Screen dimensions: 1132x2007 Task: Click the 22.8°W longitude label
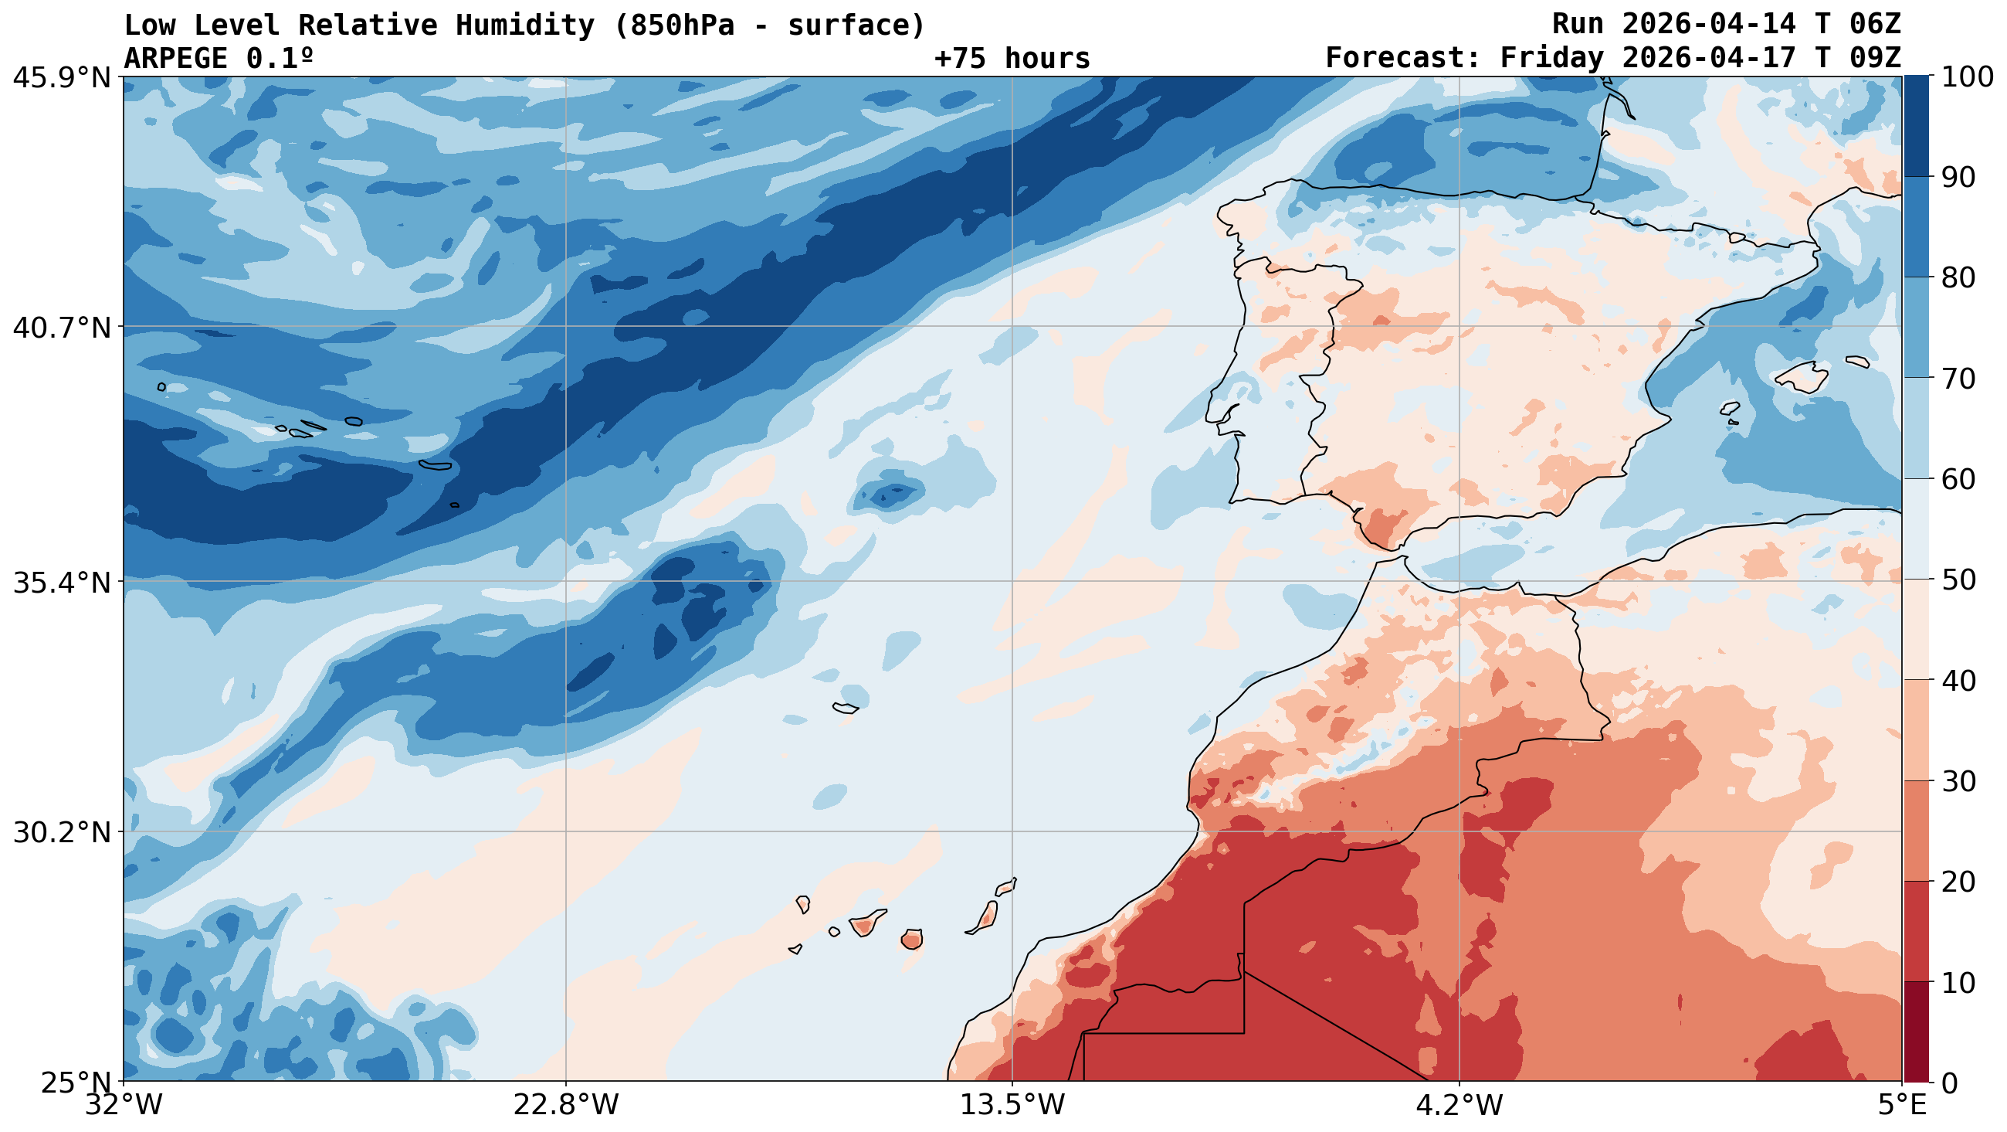pyautogui.click(x=565, y=1106)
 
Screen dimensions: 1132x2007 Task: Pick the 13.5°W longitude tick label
pyautogui.click(x=1012, y=1106)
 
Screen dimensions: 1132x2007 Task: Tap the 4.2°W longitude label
pyautogui.click(x=1459, y=1106)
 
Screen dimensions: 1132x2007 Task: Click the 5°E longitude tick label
pyautogui.click(x=1902, y=1106)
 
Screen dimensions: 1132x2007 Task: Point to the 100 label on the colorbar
pyautogui.click(x=1968, y=78)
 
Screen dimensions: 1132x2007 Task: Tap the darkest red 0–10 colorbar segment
pyautogui.click(x=1916, y=1032)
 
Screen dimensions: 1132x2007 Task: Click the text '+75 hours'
pyautogui.click(x=1012, y=59)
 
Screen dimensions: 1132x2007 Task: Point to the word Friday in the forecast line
pyautogui.click(x=1552, y=59)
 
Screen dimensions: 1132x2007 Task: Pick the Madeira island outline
pyautogui.click(x=846, y=709)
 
